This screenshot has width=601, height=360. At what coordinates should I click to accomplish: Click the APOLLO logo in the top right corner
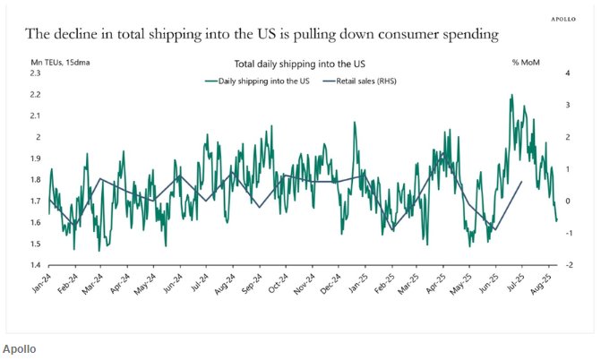point(562,17)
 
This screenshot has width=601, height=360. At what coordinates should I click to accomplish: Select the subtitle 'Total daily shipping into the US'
point(299,64)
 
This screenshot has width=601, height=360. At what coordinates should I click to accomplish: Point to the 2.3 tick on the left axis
point(37,73)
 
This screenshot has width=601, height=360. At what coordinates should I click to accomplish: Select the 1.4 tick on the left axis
point(37,265)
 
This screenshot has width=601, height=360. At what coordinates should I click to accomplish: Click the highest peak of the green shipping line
point(511,94)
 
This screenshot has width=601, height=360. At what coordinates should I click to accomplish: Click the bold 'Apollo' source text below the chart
point(19,348)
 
